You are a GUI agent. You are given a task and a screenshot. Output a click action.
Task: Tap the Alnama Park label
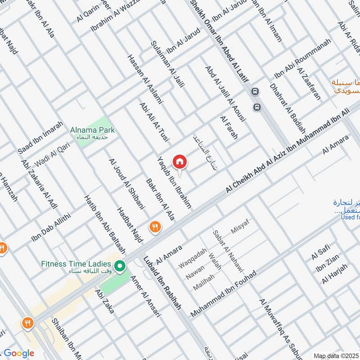(92, 130)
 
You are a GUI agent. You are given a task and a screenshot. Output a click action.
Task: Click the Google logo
(19, 353)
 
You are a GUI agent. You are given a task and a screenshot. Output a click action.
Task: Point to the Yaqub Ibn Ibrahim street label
(174, 182)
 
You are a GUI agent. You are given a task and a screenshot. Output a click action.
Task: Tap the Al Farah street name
(228, 127)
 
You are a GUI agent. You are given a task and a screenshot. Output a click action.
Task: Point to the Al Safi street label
(321, 253)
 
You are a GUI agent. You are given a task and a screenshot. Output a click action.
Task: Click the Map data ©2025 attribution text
(336, 356)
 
